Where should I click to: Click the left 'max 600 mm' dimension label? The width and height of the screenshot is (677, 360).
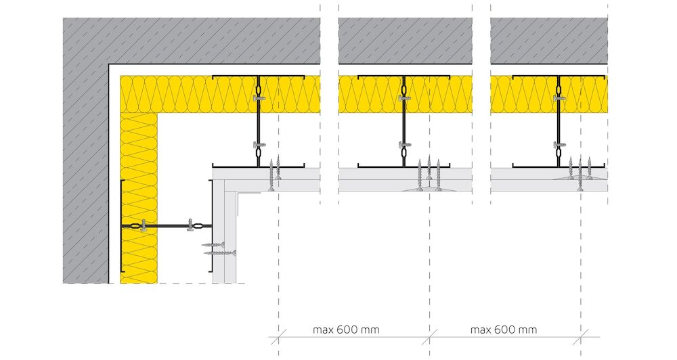click(346, 330)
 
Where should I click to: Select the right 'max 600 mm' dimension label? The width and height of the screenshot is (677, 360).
click(504, 330)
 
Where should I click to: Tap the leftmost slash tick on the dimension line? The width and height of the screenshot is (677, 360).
click(278, 337)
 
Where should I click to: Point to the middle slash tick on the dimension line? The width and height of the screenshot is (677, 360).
click(430, 337)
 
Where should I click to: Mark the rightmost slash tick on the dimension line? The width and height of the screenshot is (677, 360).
click(581, 337)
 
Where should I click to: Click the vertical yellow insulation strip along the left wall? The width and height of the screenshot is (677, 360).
click(139, 198)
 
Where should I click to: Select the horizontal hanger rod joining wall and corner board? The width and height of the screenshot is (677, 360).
click(167, 226)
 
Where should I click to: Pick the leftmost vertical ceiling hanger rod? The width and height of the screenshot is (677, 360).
click(258, 121)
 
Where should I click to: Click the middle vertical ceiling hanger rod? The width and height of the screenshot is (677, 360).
click(403, 121)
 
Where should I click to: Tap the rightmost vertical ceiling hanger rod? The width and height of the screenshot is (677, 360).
click(558, 121)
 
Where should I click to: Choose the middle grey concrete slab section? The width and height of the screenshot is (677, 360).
click(405, 41)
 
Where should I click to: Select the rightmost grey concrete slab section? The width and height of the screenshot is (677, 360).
click(549, 41)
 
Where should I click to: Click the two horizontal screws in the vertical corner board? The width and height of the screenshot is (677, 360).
click(219, 248)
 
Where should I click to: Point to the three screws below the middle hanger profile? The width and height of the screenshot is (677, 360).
click(429, 175)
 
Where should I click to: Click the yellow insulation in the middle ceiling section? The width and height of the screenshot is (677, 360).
click(405, 94)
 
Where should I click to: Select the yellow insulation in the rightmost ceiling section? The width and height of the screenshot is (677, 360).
click(549, 94)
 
